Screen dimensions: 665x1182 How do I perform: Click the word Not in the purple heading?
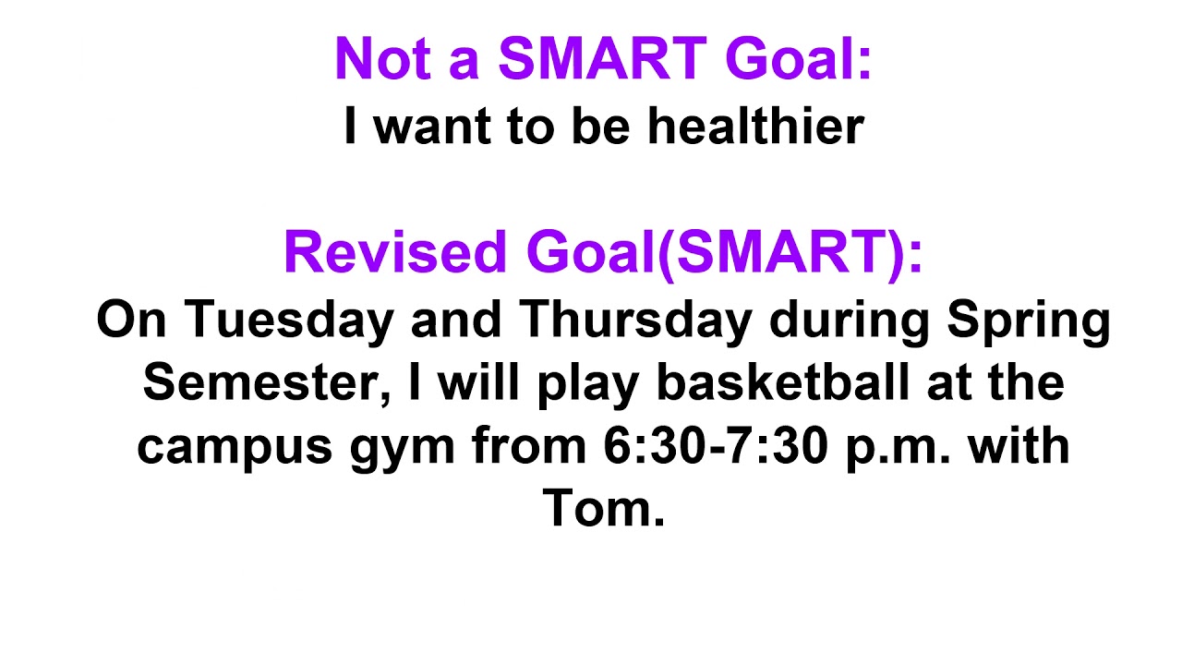click(381, 59)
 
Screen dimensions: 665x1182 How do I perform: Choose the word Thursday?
click(633, 319)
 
